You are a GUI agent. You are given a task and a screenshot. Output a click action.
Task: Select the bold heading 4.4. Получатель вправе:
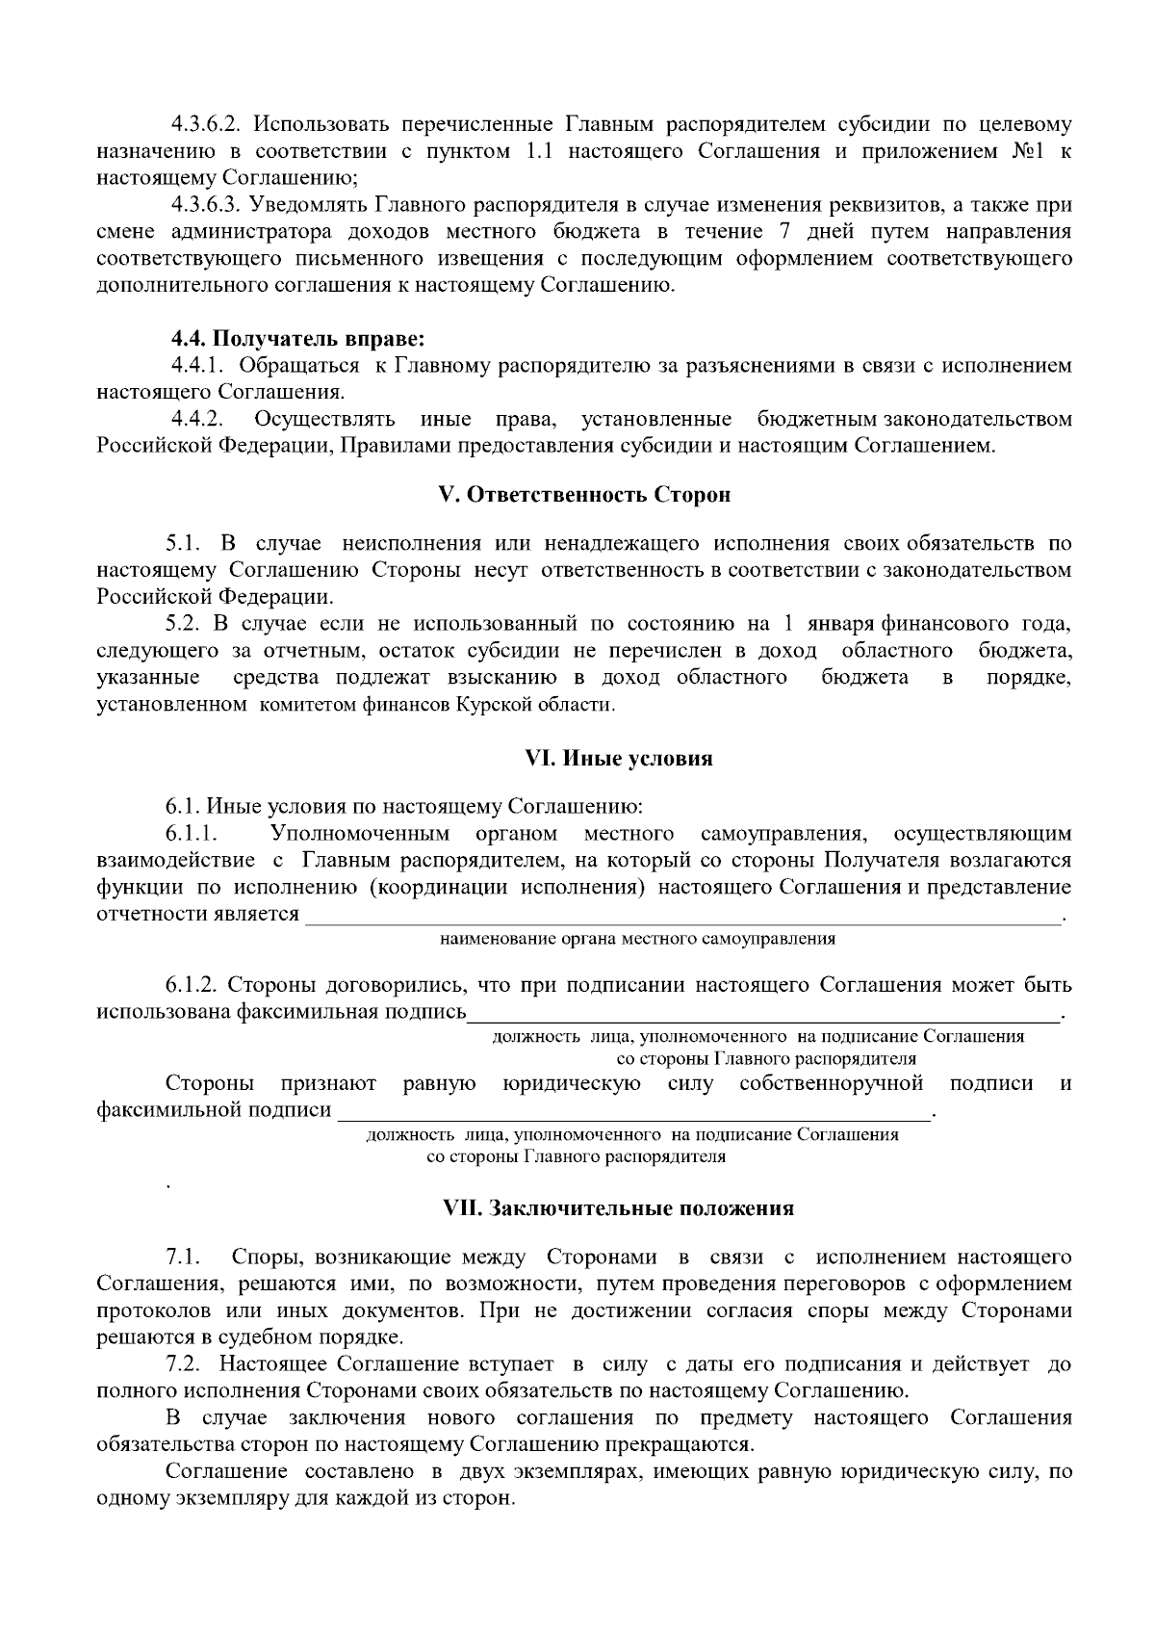(297, 339)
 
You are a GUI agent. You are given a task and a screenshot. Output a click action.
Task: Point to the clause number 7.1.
(183, 1258)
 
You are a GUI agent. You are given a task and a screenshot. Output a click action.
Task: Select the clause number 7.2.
(183, 1364)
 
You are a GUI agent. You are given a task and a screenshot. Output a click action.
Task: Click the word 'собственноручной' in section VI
(832, 1084)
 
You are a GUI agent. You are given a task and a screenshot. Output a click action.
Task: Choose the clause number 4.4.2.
(197, 419)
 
